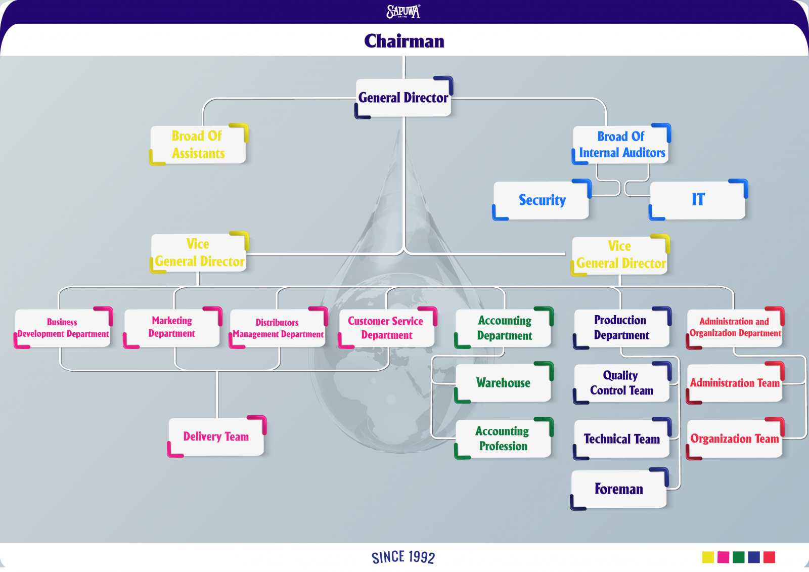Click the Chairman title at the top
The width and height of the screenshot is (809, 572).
pyautogui.click(x=404, y=41)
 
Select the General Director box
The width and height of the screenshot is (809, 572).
pyautogui.click(x=403, y=98)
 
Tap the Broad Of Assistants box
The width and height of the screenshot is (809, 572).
pyautogui.click(x=198, y=145)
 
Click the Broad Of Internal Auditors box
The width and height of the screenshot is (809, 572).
pyautogui.click(x=621, y=145)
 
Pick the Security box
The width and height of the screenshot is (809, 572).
pyautogui.click(x=542, y=200)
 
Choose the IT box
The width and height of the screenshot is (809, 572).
pyautogui.click(x=698, y=200)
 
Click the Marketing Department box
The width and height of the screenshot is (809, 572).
pyautogui.click(x=172, y=327)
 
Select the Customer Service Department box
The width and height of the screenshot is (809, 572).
pyautogui.click(x=386, y=328)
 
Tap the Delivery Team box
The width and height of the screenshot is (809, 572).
pyautogui.click(x=216, y=436)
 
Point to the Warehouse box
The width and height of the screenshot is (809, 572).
pyautogui.click(x=503, y=383)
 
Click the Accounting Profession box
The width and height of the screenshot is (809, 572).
pyautogui.click(x=503, y=438)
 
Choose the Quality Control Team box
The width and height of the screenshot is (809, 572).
pyautogui.click(x=621, y=383)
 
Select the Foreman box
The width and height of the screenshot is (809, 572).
pyautogui.click(x=619, y=489)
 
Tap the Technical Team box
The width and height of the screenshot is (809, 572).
pyautogui.click(x=621, y=439)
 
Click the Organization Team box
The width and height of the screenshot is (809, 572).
pyautogui.click(x=734, y=439)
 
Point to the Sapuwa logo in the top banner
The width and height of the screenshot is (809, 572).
pyautogui.click(x=403, y=11)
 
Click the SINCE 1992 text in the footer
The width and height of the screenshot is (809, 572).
pyautogui.click(x=403, y=557)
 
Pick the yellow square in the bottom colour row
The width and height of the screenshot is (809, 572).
pyautogui.click(x=708, y=557)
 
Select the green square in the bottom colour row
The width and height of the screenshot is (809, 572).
pyautogui.click(x=739, y=557)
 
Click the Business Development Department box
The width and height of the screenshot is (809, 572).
pyautogui.click(x=63, y=328)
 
